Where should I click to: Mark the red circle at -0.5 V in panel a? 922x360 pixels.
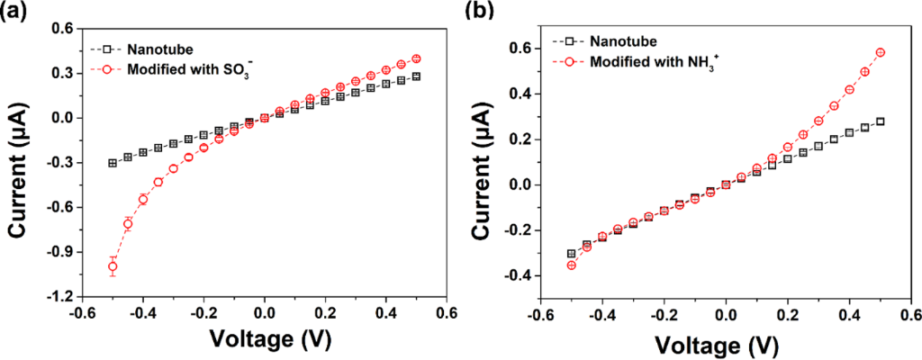[113, 266]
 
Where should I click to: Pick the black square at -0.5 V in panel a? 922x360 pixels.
[113, 163]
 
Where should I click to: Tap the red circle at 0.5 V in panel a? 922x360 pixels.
[416, 58]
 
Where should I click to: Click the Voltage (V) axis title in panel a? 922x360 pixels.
[264, 340]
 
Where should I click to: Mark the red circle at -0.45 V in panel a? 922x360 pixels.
[128, 224]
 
